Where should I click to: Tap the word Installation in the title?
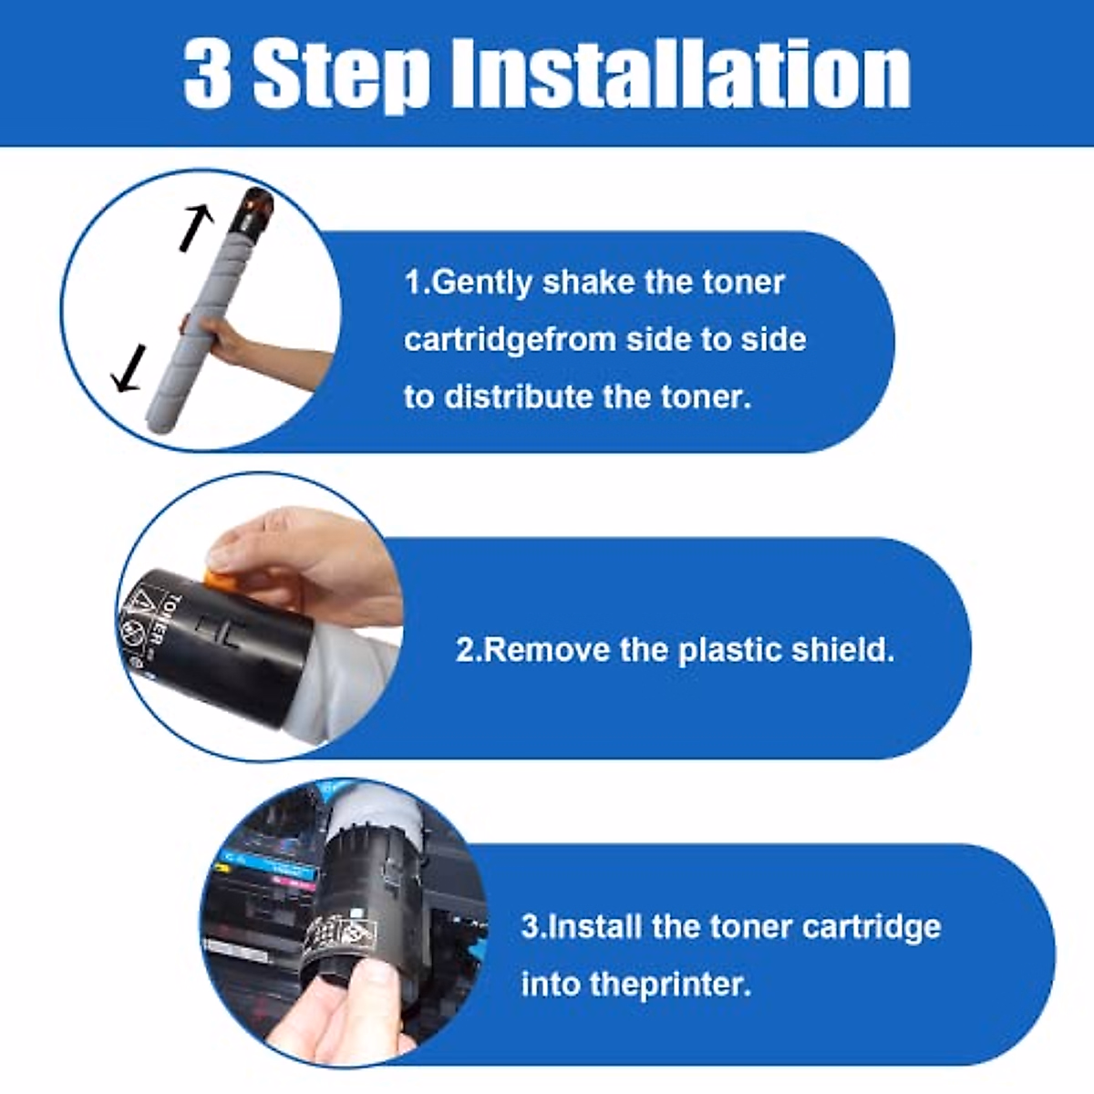[x=681, y=73]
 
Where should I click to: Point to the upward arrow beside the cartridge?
[x=195, y=228]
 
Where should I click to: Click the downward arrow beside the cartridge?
[x=129, y=368]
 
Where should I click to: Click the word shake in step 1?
[x=588, y=282]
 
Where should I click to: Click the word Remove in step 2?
[x=546, y=651]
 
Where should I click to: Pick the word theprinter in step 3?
[x=670, y=985]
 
